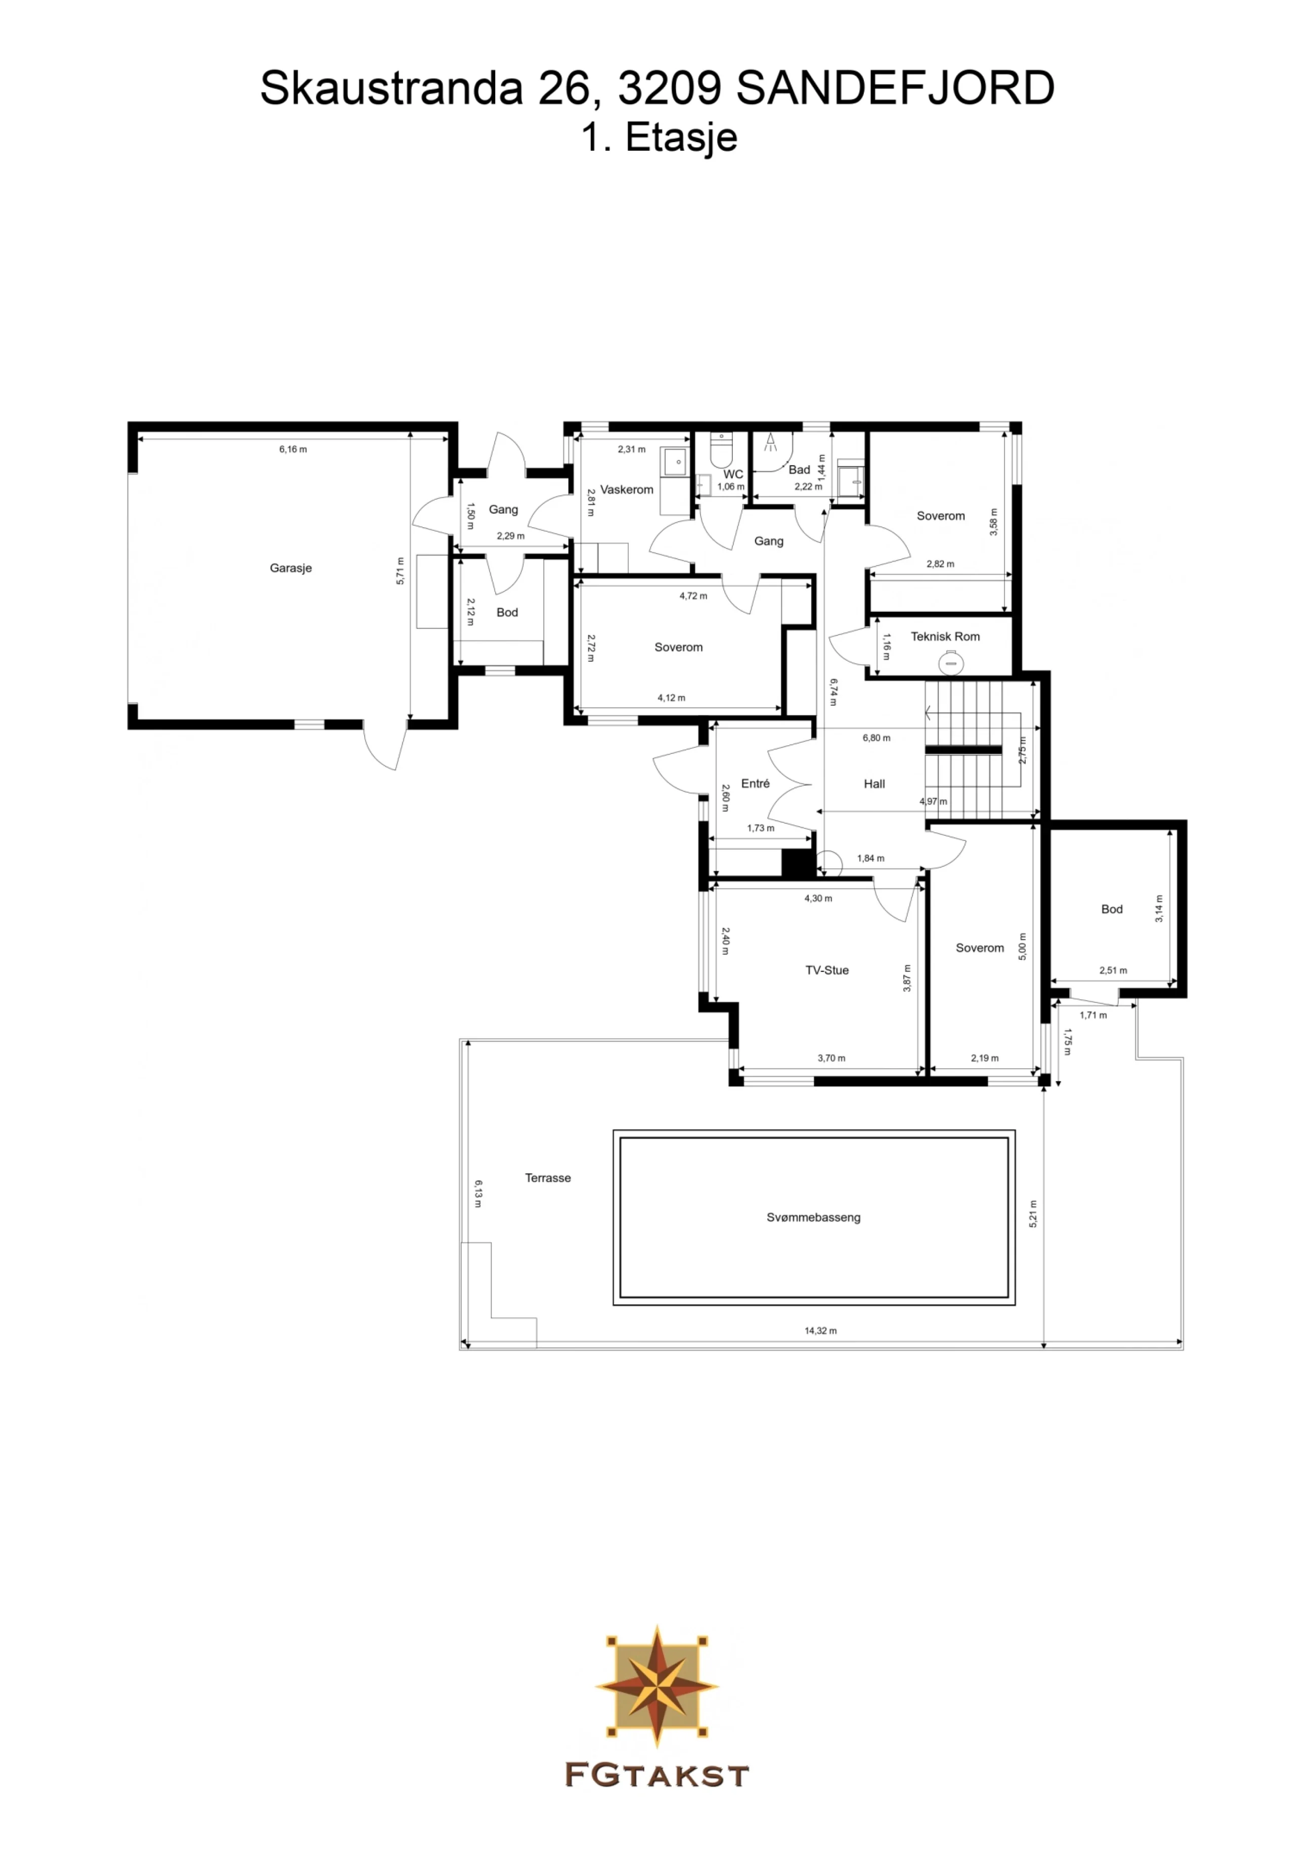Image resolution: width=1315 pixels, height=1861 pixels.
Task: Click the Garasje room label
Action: click(290, 568)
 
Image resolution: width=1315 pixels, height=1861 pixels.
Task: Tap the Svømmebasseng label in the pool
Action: click(813, 1217)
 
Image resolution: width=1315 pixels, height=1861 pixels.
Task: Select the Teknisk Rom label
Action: click(945, 637)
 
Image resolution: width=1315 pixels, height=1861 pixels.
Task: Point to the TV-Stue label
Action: click(826, 970)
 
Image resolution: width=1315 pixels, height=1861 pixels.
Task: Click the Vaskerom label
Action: click(626, 490)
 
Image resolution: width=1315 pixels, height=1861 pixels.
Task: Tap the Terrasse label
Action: click(548, 1178)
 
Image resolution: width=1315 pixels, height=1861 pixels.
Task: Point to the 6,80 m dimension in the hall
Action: click(876, 738)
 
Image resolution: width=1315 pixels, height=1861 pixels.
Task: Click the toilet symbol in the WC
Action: click(720, 448)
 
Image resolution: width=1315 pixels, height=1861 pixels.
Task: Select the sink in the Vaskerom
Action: click(673, 462)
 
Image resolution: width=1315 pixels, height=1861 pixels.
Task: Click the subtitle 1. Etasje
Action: click(659, 138)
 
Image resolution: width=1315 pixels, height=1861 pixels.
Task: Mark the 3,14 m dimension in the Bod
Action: click(1159, 909)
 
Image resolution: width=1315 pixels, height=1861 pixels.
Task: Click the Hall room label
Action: click(874, 784)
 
